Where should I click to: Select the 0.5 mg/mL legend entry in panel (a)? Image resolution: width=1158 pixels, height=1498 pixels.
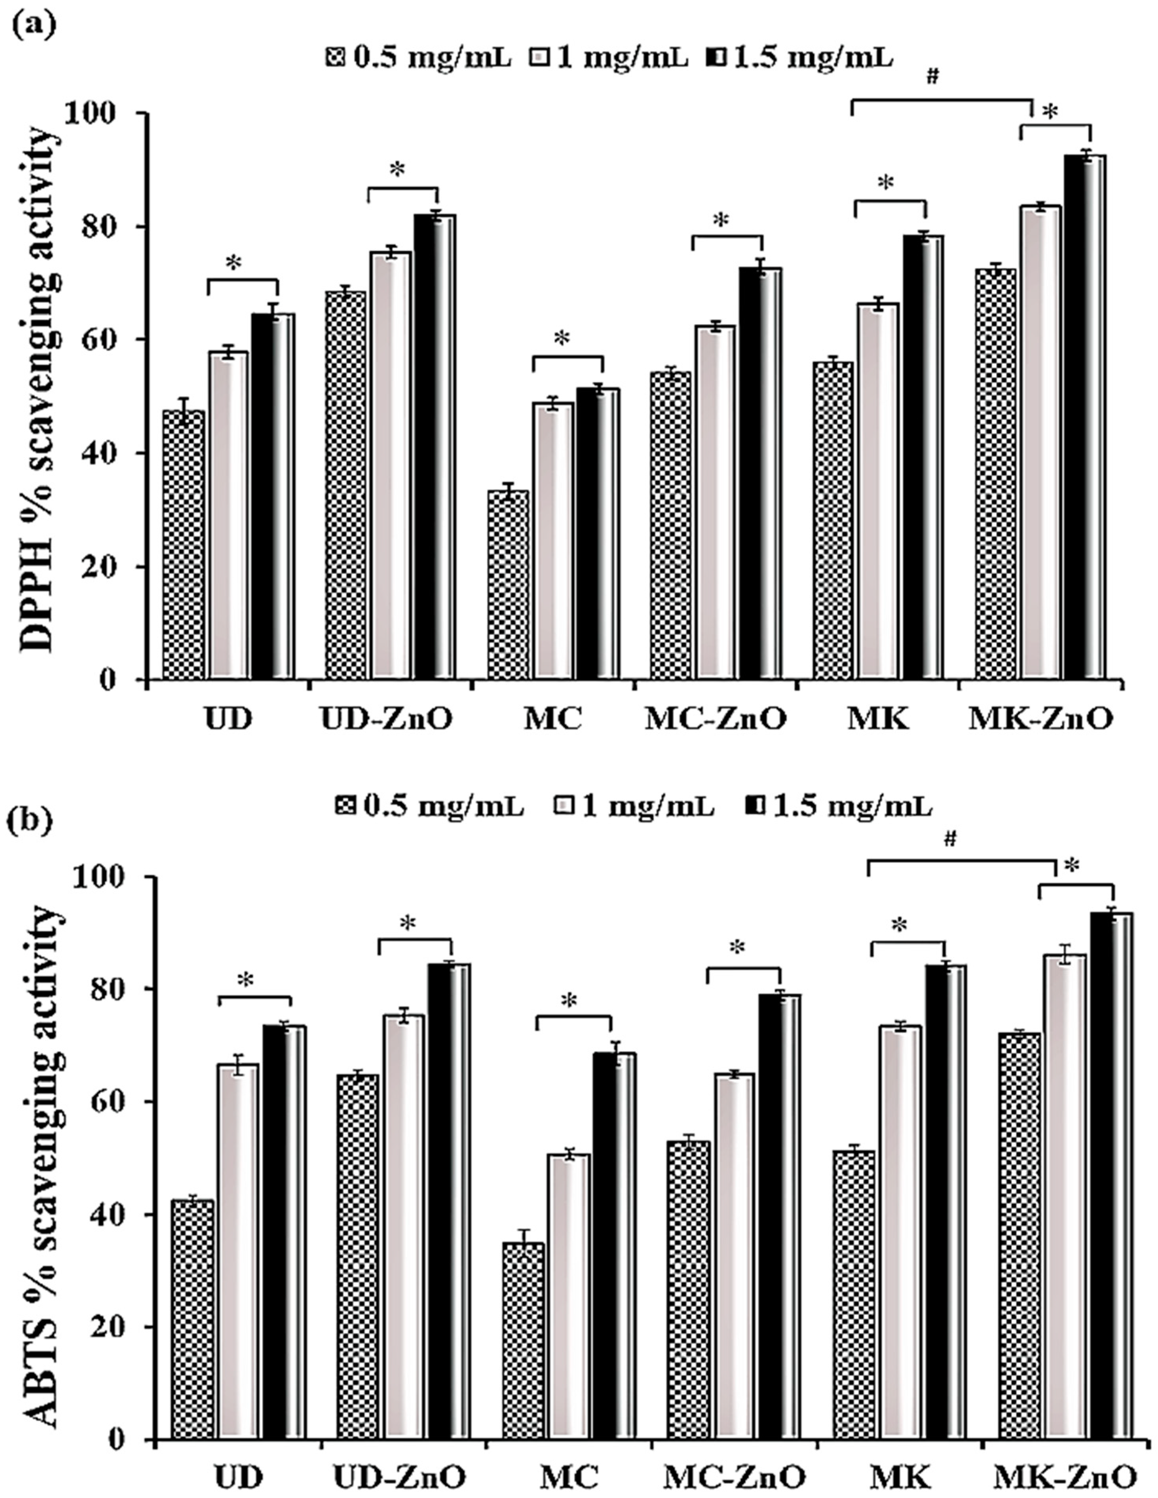[x=418, y=58]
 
